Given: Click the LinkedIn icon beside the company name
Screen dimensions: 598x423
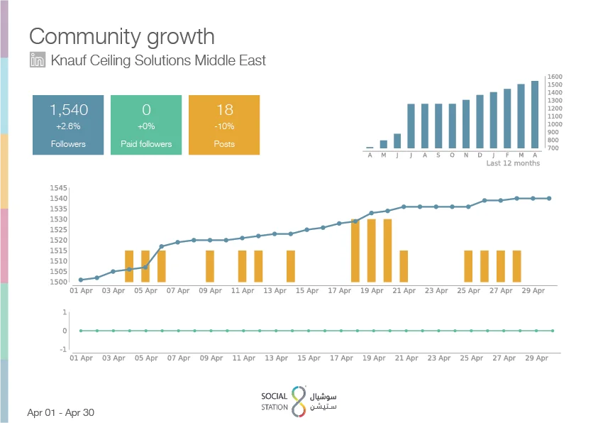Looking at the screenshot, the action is (38, 60).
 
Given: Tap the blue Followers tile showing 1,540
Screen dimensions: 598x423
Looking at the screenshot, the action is (68, 125).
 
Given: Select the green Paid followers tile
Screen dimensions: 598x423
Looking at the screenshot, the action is (146, 125).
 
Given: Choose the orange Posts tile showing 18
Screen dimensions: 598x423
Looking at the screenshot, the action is (224, 125).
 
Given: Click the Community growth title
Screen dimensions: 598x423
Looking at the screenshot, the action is (122, 37).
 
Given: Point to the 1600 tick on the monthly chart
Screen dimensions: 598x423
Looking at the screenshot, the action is (555, 77).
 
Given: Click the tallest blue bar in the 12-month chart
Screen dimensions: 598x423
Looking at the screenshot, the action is (535, 114).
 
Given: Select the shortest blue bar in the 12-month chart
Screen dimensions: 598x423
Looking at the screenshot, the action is (370, 148).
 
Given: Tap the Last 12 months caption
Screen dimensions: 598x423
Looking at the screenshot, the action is (513, 163).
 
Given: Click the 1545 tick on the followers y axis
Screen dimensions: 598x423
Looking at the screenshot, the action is (58, 187).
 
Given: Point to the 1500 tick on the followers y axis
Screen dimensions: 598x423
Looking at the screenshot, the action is (58, 282).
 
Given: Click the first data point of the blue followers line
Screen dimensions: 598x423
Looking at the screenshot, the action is (81, 280).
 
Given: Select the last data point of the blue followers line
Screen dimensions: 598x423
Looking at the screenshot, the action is (549, 198).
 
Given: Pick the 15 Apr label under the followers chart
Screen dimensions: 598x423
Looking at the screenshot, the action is (307, 291).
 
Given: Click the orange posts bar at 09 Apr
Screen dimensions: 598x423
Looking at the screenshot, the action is (210, 266).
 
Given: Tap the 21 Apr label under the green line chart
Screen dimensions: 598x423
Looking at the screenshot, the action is (406, 358).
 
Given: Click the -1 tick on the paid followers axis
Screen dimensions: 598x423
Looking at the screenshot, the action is (64, 349).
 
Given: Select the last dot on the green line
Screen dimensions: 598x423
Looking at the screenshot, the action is (553, 331).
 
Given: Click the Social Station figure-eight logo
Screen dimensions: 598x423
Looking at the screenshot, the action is (299, 402).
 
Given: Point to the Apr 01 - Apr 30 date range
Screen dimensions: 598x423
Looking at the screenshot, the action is (60, 412).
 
